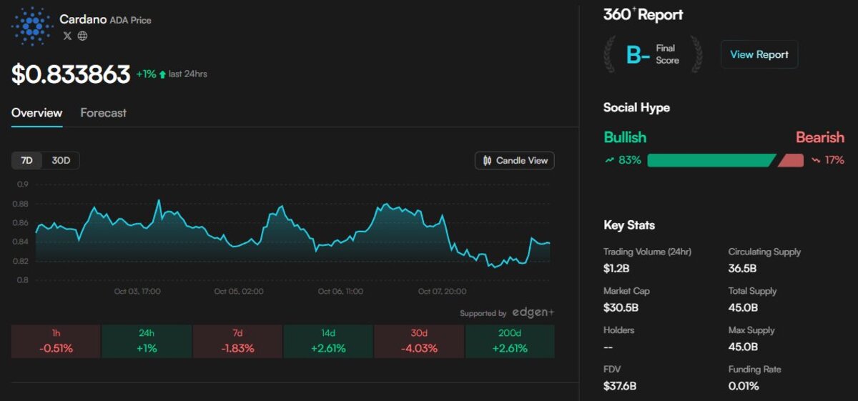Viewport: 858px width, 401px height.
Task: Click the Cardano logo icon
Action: coord(32,26)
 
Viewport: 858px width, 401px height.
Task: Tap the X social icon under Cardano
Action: coord(67,36)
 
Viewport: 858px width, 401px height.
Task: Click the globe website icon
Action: coord(83,36)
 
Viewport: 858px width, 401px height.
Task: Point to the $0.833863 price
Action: coord(71,74)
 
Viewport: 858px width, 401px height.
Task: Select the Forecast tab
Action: coord(103,113)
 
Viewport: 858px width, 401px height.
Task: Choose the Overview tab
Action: coord(36,113)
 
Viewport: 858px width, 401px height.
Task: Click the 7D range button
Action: coord(26,161)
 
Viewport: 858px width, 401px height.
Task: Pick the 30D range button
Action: coord(61,161)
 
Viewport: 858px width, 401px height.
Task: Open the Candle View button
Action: coord(515,161)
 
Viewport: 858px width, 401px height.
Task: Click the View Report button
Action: coord(759,54)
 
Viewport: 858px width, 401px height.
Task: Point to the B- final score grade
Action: coord(638,55)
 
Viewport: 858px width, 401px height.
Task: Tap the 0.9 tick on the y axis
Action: coord(23,184)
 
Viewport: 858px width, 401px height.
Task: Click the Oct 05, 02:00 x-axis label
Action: coord(239,292)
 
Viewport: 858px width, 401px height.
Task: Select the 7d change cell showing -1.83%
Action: coord(237,342)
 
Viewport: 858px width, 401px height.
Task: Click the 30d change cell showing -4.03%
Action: coord(419,342)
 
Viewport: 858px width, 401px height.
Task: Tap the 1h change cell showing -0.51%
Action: coord(56,342)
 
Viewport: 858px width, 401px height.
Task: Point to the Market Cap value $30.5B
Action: coord(621,307)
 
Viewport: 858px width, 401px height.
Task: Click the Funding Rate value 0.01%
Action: coord(744,386)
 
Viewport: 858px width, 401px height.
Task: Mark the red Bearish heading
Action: coord(820,137)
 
